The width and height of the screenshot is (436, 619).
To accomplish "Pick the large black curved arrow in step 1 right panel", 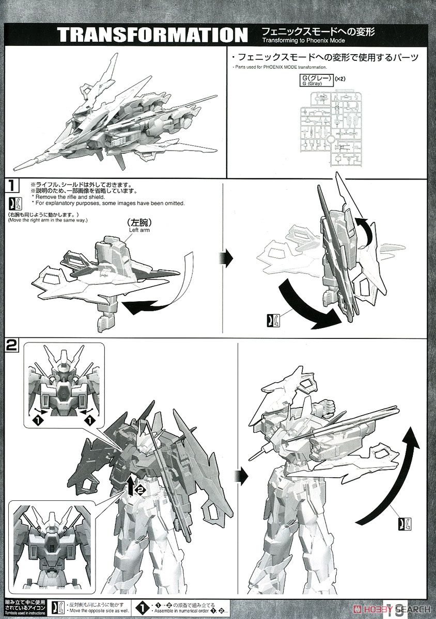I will (305, 304).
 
